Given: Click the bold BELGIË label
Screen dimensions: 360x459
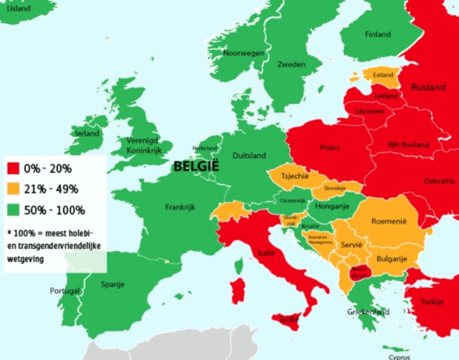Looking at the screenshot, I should (x=196, y=166).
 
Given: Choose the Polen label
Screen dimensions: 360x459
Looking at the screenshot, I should (x=329, y=147).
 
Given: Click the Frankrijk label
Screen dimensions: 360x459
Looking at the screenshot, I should (x=179, y=208).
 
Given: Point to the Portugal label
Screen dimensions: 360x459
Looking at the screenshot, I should (x=65, y=290).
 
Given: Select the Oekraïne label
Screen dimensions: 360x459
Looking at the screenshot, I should (x=439, y=181).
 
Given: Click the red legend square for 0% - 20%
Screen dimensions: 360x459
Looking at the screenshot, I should (x=14, y=168).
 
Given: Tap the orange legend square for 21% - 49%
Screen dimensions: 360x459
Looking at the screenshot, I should (x=14, y=189).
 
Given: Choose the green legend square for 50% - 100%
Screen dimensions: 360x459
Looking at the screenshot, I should (x=14, y=211).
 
